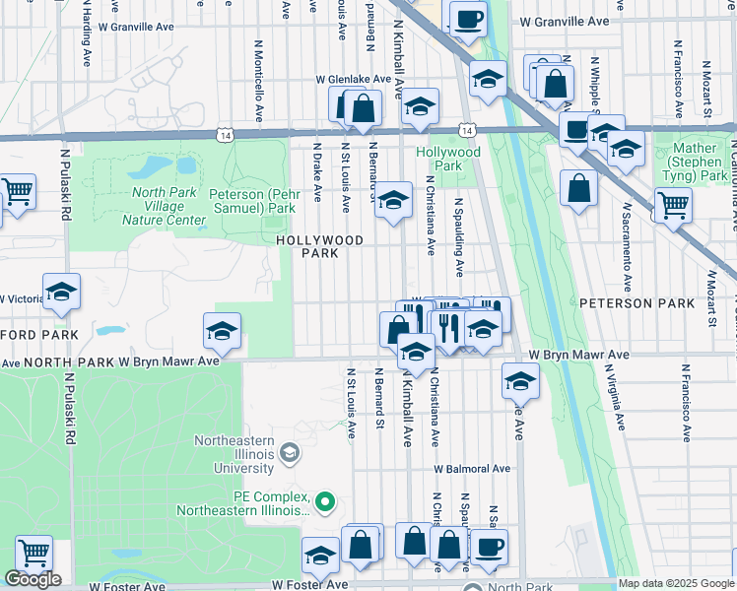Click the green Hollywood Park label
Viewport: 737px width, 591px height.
(x=447, y=160)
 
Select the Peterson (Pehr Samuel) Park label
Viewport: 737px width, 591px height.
(x=252, y=201)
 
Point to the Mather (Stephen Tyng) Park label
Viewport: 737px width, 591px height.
(x=701, y=162)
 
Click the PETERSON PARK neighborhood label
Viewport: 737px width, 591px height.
(x=636, y=304)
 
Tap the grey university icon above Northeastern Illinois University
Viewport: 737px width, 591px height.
(x=289, y=452)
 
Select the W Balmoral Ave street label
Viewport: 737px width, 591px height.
(x=475, y=469)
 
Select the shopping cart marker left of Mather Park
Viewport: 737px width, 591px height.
(x=673, y=204)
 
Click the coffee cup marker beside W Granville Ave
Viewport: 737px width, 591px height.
(x=468, y=17)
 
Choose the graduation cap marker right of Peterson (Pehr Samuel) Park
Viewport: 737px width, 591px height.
(x=393, y=200)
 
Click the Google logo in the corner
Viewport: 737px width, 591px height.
(x=33, y=579)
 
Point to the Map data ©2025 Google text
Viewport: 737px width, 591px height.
(x=675, y=583)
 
